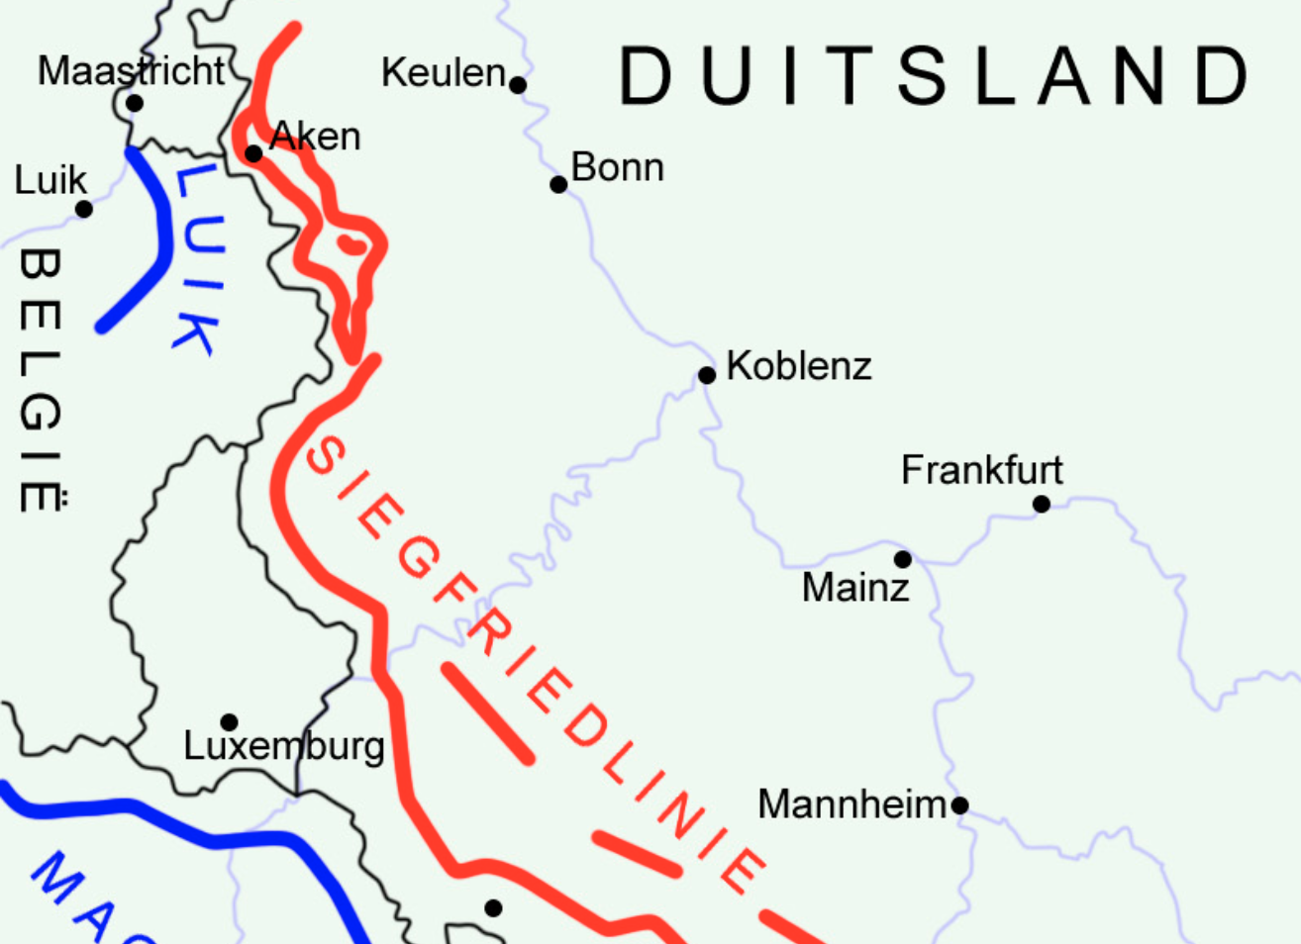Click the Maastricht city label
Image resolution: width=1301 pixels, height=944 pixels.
click(132, 71)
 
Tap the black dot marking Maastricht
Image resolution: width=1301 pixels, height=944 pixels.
click(135, 103)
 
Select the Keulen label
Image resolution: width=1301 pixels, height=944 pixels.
click(443, 73)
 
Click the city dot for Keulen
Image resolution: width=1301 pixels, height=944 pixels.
click(518, 85)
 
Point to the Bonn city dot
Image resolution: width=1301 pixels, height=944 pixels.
click(558, 185)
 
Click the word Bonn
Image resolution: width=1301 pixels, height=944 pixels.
click(617, 167)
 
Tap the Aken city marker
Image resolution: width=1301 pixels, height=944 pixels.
click(253, 153)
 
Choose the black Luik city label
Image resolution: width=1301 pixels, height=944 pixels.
click(50, 181)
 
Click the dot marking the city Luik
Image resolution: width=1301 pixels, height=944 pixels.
click(84, 210)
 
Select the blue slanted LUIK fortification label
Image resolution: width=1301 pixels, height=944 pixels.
click(199, 259)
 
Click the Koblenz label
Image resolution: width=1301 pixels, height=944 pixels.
click(798, 366)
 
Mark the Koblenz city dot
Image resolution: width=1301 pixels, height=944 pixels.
click(707, 375)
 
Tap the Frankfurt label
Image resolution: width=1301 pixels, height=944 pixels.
click(981, 470)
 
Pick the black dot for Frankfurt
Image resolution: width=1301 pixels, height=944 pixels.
click(1042, 505)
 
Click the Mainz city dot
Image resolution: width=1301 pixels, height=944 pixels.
click(903, 560)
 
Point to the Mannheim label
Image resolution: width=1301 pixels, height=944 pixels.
click(852, 804)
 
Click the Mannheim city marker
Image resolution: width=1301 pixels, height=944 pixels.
click(959, 805)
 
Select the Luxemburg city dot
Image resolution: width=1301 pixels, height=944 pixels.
click(229, 722)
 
